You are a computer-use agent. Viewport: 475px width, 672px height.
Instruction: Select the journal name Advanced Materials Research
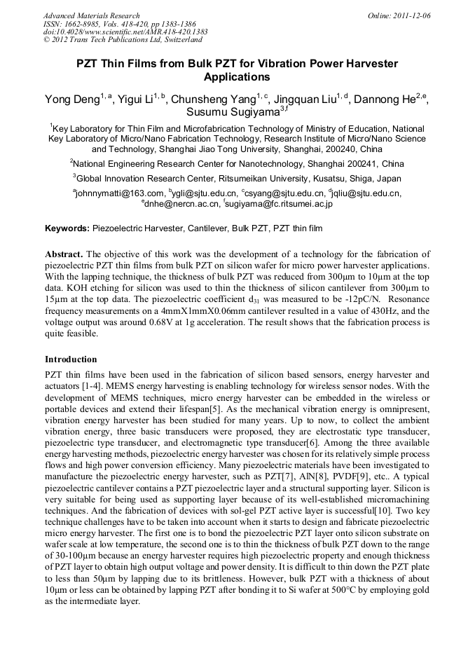[x=91, y=15]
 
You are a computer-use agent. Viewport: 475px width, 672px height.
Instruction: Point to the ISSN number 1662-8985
[x=88, y=23]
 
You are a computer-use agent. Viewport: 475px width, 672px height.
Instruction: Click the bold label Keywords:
[x=67, y=228]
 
